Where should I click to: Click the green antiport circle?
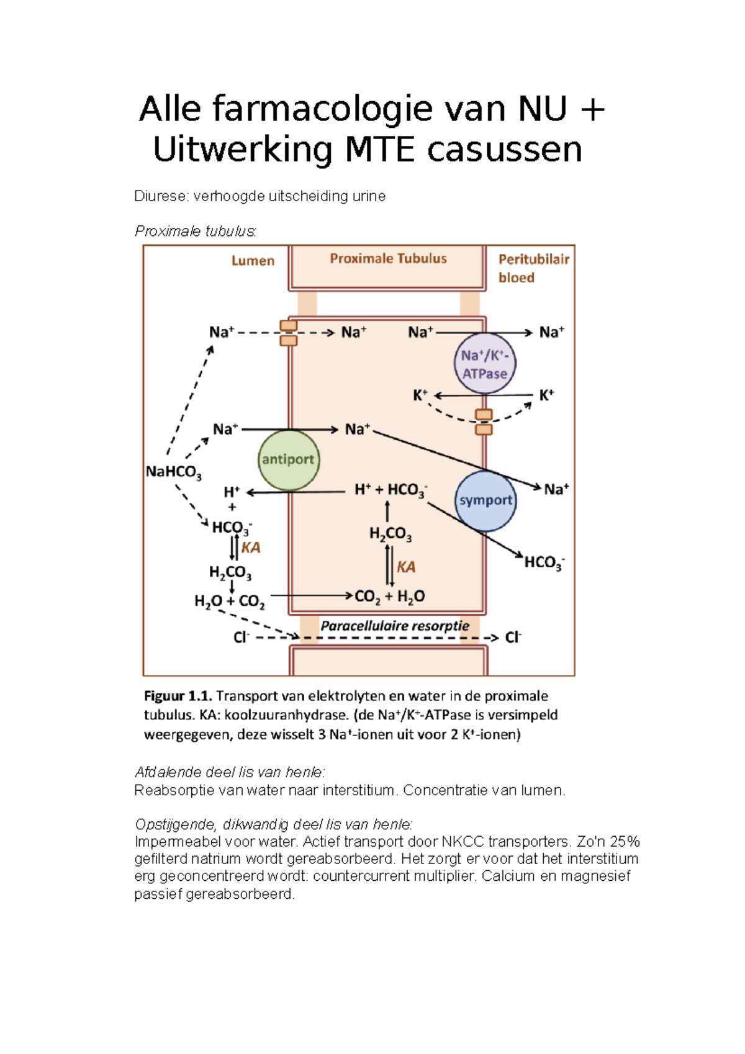(x=288, y=460)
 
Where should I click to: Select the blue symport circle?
(x=485, y=500)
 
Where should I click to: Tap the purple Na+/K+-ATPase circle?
(x=485, y=364)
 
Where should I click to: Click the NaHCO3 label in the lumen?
(x=173, y=472)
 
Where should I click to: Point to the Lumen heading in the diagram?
(x=253, y=261)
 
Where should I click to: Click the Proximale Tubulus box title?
(x=388, y=259)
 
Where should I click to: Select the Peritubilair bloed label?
(x=533, y=268)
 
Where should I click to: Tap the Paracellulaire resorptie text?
(x=395, y=626)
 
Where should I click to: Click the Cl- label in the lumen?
(x=241, y=637)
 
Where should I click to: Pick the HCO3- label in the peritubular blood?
(x=544, y=563)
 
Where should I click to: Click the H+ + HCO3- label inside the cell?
(x=391, y=490)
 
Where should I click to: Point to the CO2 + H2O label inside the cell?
(x=389, y=597)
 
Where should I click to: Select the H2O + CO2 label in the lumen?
(x=229, y=601)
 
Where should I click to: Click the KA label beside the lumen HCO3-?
(x=251, y=547)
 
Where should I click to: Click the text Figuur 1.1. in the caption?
(x=178, y=696)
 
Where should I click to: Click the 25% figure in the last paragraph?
(x=625, y=842)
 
